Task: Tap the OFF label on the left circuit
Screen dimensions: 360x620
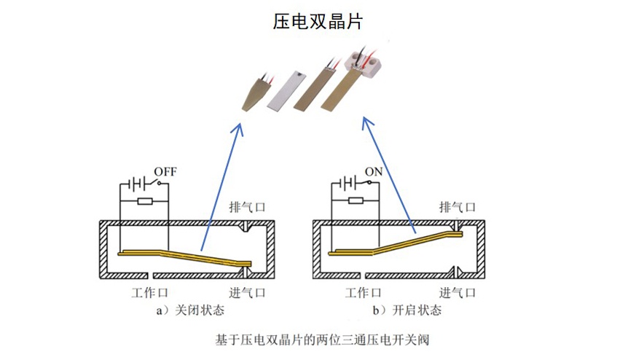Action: tap(165, 172)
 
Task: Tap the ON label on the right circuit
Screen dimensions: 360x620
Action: tap(374, 172)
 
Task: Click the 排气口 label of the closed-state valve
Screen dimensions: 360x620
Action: tap(247, 207)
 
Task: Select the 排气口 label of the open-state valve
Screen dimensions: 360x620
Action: tap(458, 207)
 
